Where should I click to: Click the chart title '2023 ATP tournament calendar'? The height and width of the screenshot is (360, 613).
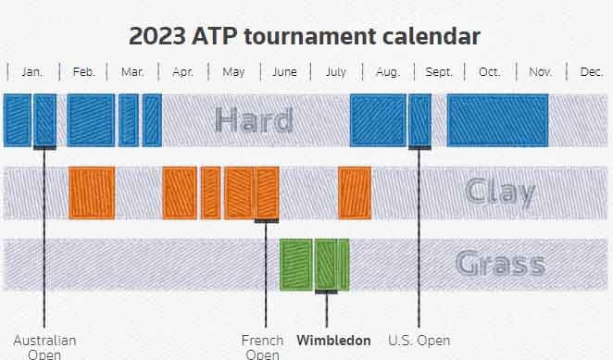[305, 37]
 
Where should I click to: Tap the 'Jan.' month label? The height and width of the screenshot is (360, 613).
[31, 72]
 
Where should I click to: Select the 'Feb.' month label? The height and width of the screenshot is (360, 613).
[83, 72]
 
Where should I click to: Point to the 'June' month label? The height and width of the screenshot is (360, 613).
[284, 72]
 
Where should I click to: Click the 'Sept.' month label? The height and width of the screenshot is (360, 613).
[438, 72]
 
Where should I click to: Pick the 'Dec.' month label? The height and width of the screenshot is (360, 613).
[591, 72]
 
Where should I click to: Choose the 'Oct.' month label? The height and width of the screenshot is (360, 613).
[489, 72]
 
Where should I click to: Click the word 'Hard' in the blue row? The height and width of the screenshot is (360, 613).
[254, 120]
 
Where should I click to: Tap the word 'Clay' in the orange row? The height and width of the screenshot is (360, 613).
[500, 192]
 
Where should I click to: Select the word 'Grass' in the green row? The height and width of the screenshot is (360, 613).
[500, 265]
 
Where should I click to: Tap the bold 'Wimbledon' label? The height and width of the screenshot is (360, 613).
[333, 341]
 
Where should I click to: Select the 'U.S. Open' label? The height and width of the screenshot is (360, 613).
[419, 341]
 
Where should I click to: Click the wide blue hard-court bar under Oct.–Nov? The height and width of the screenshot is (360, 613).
[497, 120]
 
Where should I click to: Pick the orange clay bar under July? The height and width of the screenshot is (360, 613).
[355, 192]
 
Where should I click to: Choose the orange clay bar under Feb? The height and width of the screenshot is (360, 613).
[92, 192]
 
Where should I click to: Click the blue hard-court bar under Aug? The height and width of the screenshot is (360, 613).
[378, 120]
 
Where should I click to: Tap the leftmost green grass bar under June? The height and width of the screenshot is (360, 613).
[294, 265]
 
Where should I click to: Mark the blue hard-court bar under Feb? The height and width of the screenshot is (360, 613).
[91, 120]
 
